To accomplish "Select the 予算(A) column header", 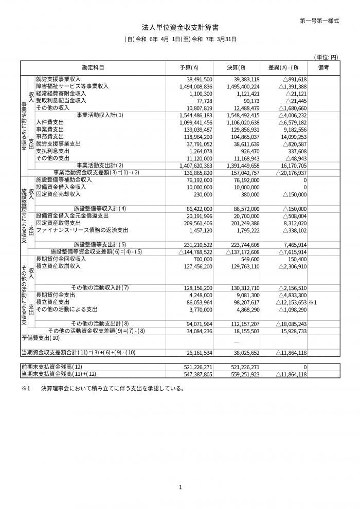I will coord(189,68).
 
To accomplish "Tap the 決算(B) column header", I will coord(236,68).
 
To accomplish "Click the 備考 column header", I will coord(323,68).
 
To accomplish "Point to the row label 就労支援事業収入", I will coord(58,79).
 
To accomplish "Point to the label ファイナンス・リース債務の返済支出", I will coord(82,230).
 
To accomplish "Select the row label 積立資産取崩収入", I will coord(58,266).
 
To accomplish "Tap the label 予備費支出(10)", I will coord(41,338).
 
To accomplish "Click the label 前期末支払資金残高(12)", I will coord(52,368).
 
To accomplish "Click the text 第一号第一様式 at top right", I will coord(319,21).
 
